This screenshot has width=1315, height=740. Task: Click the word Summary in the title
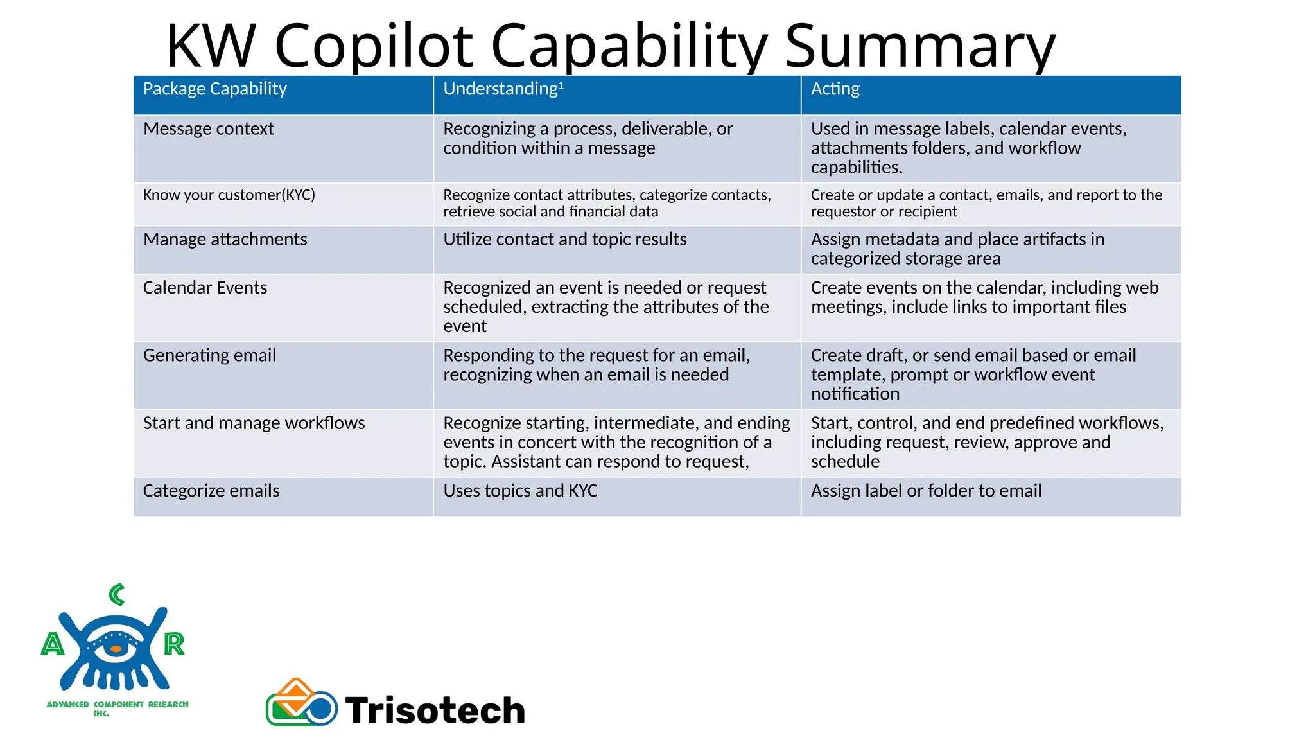919,46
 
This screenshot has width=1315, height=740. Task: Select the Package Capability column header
214,89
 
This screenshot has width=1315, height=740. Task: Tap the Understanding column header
500,89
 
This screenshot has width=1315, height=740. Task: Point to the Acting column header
835,89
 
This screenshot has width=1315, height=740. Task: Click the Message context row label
208,129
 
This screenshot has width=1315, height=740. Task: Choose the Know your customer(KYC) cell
229,195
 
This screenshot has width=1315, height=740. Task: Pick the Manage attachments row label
225,240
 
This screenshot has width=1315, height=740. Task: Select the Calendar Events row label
205,288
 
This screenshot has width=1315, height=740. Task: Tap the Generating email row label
209,355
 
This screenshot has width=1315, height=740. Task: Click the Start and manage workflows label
254,423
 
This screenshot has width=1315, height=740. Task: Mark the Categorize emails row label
211,491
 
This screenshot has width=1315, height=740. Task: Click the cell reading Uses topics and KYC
520,491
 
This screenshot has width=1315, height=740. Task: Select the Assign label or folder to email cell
926,491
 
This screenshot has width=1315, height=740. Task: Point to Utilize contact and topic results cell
564,240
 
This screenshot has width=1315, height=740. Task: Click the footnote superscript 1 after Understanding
561,85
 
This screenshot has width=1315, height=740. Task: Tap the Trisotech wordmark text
435,710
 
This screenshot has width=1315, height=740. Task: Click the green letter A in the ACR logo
53,644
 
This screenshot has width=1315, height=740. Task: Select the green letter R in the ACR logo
174,644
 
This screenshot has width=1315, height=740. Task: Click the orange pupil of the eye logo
116,649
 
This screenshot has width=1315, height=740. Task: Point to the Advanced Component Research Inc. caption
117,708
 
